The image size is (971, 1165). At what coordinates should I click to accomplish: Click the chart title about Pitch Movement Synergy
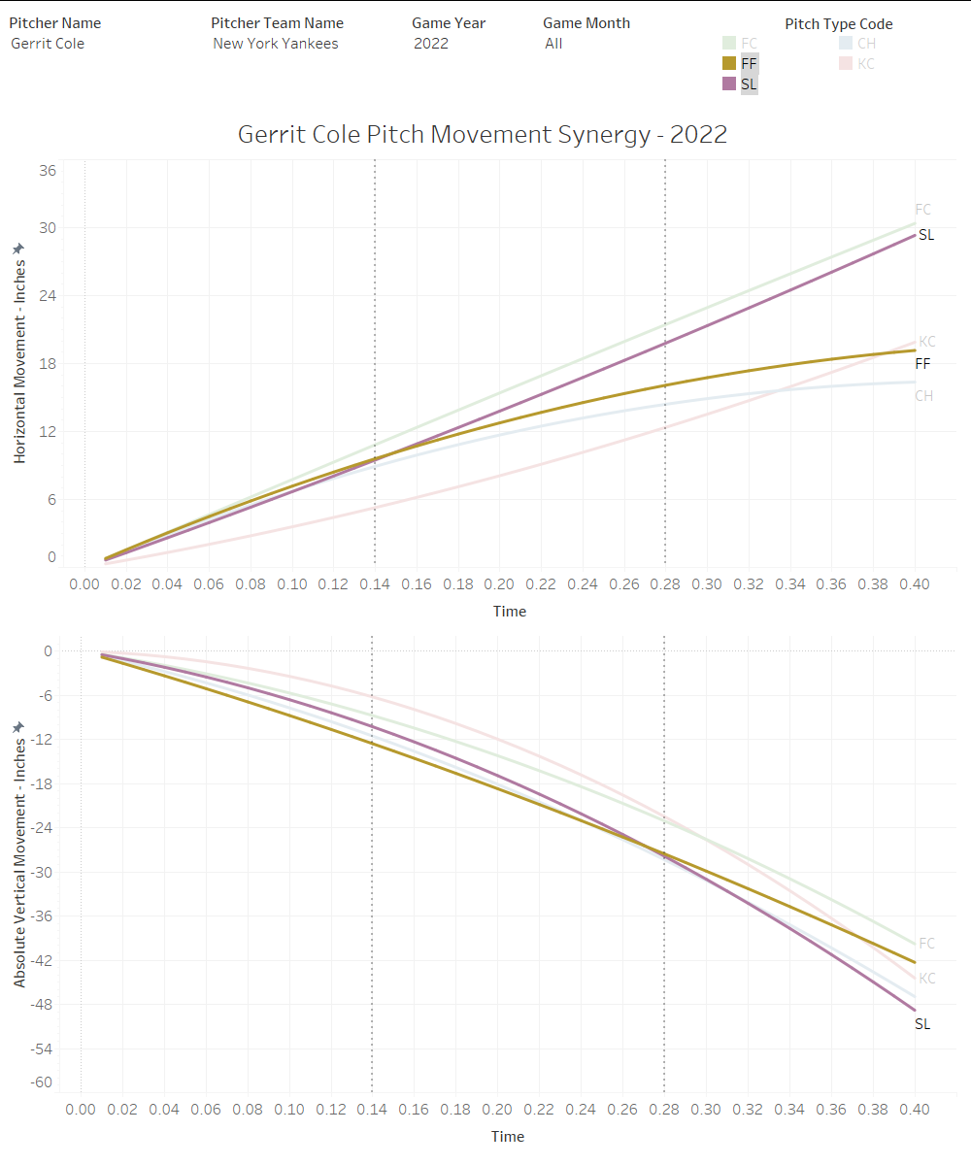483,135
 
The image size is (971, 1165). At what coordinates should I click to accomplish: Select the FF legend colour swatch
728,63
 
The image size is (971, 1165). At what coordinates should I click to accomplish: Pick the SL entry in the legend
749,84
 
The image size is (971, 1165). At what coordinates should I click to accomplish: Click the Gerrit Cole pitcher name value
48,44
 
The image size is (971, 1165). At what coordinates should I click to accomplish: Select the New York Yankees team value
276,44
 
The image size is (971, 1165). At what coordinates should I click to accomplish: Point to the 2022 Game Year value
431,44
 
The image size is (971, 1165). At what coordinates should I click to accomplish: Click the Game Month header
586,23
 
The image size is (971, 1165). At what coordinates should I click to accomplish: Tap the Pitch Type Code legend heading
839,24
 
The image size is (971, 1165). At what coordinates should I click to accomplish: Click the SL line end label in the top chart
926,235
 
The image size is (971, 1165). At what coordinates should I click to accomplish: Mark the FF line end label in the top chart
923,364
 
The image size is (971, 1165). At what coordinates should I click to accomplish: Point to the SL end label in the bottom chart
922,1024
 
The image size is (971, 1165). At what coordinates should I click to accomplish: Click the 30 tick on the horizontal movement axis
47,229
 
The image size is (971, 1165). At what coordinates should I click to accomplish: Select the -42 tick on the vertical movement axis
43,960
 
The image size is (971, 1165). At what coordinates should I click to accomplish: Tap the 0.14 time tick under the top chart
375,584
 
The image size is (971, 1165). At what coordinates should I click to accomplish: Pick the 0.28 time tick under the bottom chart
664,1109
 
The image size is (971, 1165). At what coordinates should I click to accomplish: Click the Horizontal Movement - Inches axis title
20,354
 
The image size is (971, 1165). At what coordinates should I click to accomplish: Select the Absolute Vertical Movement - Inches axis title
20,854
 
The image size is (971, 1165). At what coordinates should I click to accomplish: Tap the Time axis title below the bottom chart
508,1137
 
